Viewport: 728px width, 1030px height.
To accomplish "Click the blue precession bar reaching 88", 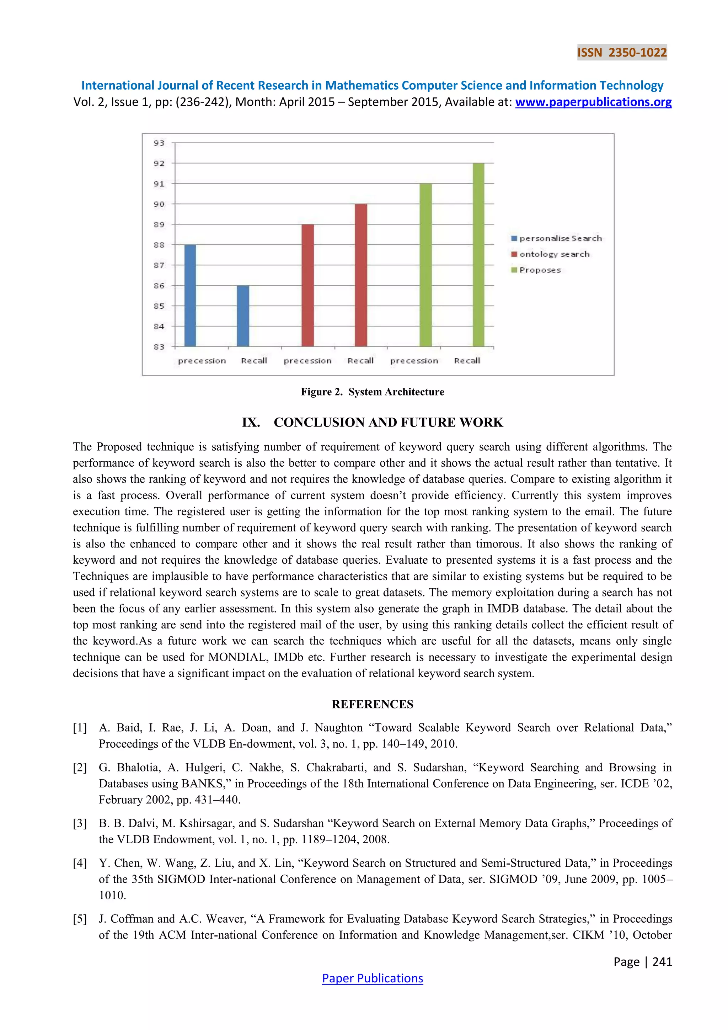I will pyautogui.click(x=190, y=296).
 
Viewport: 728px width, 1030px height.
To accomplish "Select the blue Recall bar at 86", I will pyautogui.click(x=243, y=316).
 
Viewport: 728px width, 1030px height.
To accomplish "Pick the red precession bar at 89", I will pyautogui.click(x=307, y=286).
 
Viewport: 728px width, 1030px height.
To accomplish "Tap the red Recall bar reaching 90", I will pyautogui.click(x=361, y=275).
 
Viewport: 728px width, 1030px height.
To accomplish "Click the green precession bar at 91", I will pyautogui.click(x=425, y=265).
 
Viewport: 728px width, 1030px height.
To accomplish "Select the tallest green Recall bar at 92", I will pyautogui.click(x=478, y=255).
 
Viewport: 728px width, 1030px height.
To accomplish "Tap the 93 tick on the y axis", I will pyautogui.click(x=159, y=143).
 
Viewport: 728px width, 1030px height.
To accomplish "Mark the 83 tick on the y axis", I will pyautogui.click(x=159, y=347).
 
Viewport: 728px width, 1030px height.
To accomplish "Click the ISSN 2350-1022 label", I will pyautogui.click(x=622, y=53).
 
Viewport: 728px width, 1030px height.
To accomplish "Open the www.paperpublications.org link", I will pyautogui.click(x=593, y=102).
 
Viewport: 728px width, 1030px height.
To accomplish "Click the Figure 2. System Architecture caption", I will pyautogui.click(x=372, y=392).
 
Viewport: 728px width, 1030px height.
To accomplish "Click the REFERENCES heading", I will pyautogui.click(x=372, y=704).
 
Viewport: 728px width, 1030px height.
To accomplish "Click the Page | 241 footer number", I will pyautogui.click(x=642, y=961).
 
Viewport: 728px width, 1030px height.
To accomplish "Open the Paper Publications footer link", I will pyautogui.click(x=372, y=978).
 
